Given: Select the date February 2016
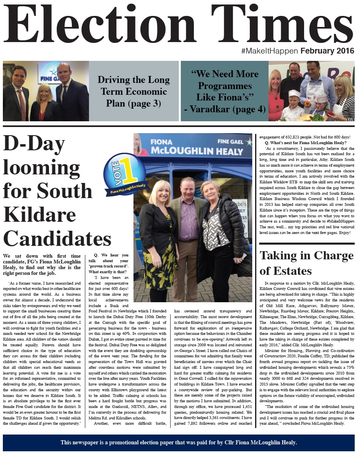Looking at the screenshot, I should pos(328,51).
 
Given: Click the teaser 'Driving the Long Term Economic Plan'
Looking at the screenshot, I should pos(134,91).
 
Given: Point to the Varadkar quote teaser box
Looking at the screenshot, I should pos(224,91).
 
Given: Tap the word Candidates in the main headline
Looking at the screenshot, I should pos(57,237).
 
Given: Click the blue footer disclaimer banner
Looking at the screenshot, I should pos(179,442).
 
